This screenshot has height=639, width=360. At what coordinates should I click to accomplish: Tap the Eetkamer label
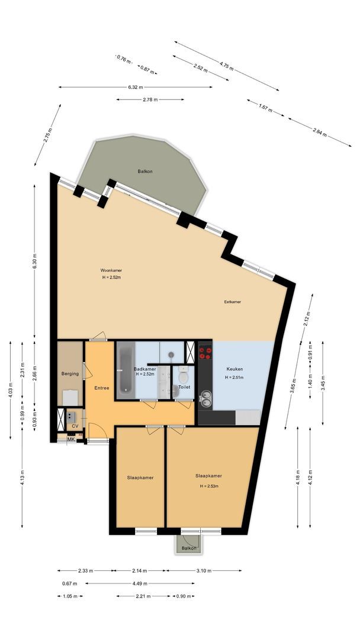pyautogui.click(x=232, y=301)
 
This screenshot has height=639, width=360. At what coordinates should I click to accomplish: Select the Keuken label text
pyautogui.click(x=234, y=369)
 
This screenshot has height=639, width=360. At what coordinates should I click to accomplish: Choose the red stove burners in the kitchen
pyautogui.click(x=205, y=353)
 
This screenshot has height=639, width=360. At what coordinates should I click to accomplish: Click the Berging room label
pyautogui.click(x=70, y=373)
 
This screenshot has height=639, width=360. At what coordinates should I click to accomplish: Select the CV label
pyautogui.click(x=75, y=425)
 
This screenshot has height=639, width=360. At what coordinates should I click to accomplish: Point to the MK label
pyautogui.click(x=70, y=439)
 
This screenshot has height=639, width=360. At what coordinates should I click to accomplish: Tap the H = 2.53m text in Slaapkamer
pyautogui.click(x=208, y=486)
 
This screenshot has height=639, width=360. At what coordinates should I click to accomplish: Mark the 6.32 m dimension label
pyautogui.click(x=136, y=88)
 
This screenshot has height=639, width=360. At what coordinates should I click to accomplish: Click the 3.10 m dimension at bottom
pyautogui.click(x=204, y=571)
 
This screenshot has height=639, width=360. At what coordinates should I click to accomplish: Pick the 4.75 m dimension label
pyautogui.click(x=226, y=66)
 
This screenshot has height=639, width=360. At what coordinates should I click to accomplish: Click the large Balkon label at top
pyautogui.click(x=145, y=171)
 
